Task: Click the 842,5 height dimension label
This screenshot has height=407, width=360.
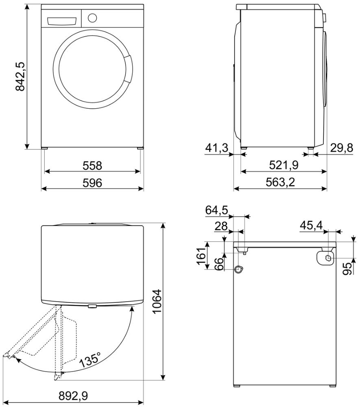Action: click(20, 77)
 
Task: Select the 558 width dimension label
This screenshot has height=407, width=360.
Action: click(92, 166)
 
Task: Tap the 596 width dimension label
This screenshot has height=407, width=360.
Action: click(92, 183)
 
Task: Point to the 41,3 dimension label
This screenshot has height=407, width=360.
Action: click(216, 148)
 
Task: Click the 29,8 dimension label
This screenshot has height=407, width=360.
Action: click(342, 148)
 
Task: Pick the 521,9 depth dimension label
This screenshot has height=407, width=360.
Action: click(284, 165)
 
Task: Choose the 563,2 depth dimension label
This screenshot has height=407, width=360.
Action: click(280, 182)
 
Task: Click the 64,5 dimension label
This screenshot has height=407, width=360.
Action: click(216, 210)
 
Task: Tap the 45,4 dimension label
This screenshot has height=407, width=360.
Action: click(311, 225)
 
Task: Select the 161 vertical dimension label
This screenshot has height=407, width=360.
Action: click(201, 256)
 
